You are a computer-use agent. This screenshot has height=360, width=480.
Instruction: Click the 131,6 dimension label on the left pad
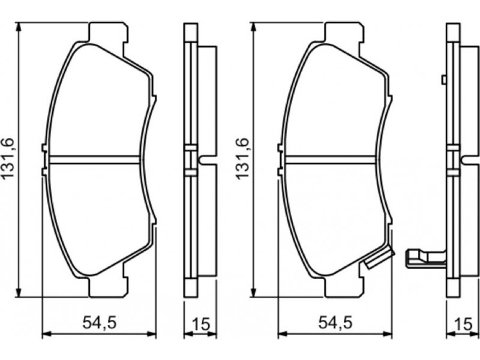coord(8,158)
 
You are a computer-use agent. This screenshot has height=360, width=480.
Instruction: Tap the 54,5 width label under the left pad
coord(100,323)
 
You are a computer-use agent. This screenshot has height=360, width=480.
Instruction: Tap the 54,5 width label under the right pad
coord(335,323)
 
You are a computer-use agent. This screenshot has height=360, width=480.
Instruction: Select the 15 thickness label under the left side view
coord(200,324)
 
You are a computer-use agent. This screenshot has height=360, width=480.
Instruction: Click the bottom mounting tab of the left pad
coord(109,287)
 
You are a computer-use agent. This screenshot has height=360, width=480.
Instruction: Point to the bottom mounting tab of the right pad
coord(344,287)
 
